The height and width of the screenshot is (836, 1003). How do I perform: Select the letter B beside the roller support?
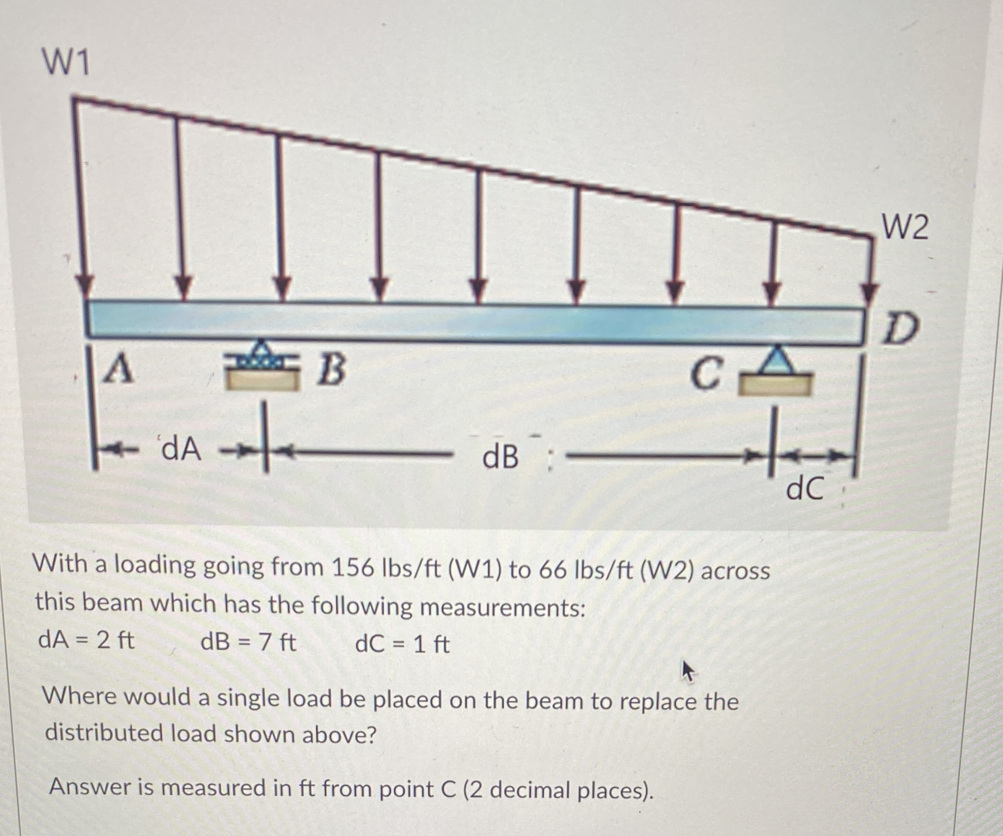[332, 371]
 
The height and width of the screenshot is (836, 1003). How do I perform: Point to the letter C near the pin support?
[705, 375]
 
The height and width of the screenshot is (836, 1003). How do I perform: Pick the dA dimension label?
[182, 450]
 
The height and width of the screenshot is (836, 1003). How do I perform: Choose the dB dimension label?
[500, 457]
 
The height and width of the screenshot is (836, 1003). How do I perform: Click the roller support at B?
[261, 368]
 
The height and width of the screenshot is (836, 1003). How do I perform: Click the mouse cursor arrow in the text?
[688, 671]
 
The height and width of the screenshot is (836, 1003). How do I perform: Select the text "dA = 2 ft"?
[86, 640]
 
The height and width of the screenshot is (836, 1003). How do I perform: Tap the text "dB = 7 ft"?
[249, 642]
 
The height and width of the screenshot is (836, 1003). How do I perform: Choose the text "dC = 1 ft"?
[403, 644]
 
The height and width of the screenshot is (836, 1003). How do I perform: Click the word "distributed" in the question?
[104, 733]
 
